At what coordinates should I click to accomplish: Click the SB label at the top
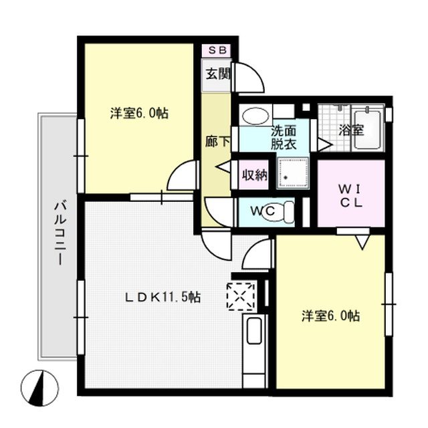218,50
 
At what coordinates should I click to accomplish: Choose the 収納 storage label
254,177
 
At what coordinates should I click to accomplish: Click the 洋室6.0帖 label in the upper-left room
139,114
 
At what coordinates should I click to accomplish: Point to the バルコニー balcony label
58,233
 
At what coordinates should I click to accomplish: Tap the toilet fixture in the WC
288,211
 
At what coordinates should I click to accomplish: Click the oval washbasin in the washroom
253,117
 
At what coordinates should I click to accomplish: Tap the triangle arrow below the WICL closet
362,242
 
